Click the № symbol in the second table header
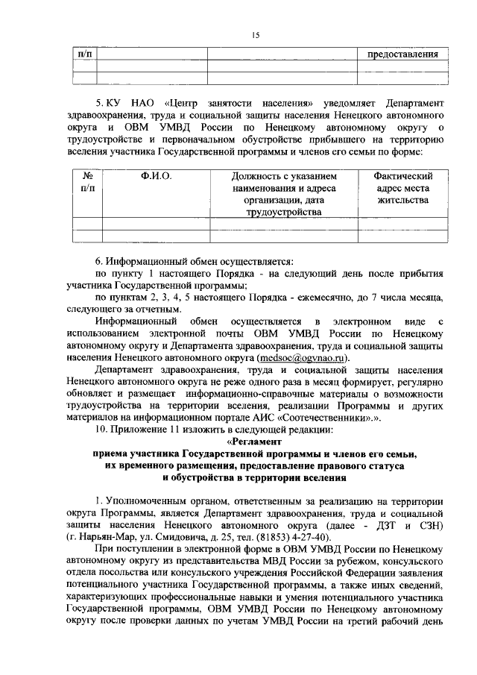87,176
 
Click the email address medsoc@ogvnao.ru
305,358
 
